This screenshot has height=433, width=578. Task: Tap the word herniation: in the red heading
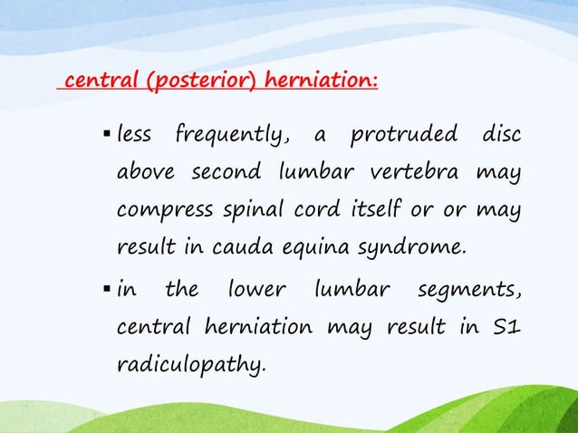[321, 84]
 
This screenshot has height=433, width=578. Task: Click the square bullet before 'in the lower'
[107, 292]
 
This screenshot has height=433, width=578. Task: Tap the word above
[144, 173]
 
